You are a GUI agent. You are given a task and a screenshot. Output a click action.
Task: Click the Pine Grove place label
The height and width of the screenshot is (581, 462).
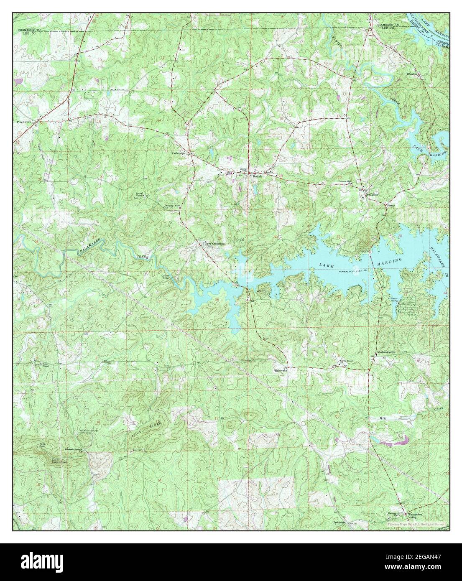[x=24, y=122]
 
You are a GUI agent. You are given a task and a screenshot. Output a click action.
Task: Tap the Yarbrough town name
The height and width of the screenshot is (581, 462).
[x=178, y=153]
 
